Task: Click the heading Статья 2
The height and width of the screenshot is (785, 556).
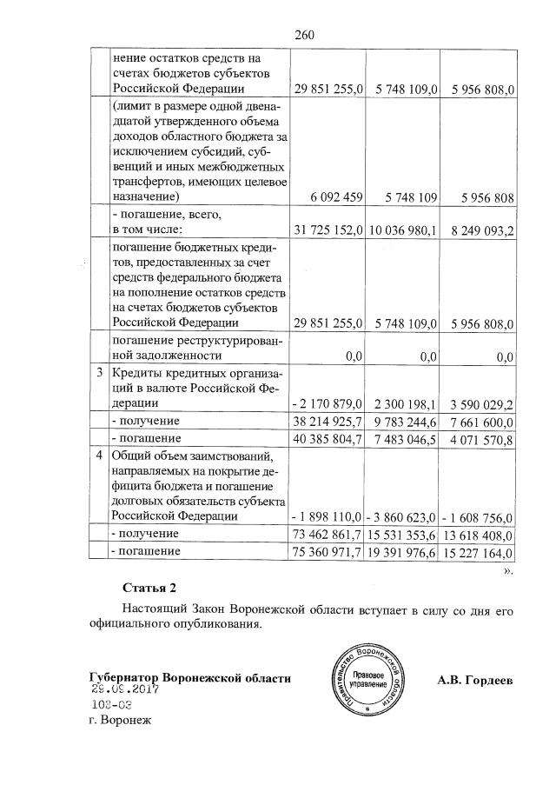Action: [149, 588]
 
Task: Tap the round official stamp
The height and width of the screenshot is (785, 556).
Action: [364, 680]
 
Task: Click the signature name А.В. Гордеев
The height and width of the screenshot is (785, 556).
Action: [475, 679]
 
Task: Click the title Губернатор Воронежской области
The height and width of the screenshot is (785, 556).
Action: [189, 677]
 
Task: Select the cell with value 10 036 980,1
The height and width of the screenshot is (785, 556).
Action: [402, 230]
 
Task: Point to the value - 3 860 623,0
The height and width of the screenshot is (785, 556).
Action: [402, 516]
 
